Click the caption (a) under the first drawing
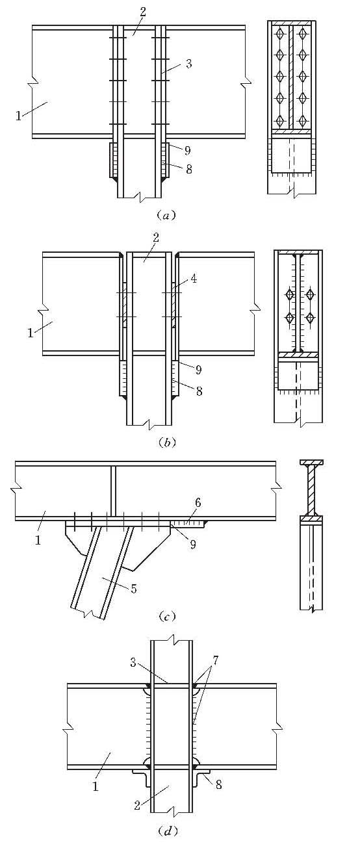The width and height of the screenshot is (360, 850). point(166,216)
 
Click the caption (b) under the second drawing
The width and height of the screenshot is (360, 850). point(167,442)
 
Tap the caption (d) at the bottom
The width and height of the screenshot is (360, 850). point(167,832)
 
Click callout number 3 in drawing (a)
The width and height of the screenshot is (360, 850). point(188,64)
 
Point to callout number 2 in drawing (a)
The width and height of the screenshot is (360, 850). point(142,12)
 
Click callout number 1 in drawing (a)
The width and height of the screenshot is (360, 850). point(18,116)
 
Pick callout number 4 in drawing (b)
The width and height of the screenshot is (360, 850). point(194,279)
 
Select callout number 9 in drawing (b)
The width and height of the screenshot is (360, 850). point(198,369)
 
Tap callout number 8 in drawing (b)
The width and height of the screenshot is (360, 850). point(198,391)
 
